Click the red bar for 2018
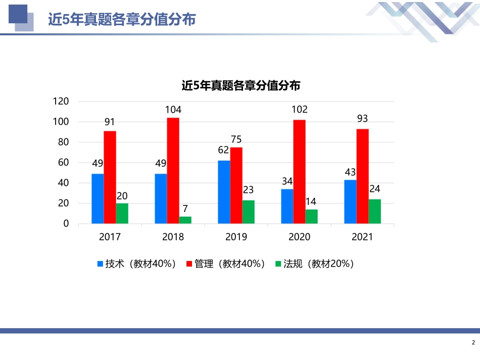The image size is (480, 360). [173, 171]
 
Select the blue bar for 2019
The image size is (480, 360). [224, 192]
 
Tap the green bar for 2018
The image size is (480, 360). [185, 220]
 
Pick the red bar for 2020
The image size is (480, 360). [299, 172]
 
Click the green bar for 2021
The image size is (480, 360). [374, 211]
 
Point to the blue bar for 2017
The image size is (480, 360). [98, 198]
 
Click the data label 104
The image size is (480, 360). [173, 110]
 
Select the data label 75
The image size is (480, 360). [236, 139]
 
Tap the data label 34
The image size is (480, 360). [287, 181]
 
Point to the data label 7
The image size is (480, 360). [185, 209]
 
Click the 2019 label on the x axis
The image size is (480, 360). [236, 237]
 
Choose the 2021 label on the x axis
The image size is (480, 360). [362, 237]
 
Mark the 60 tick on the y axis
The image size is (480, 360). [63, 163]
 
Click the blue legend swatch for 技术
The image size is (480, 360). [100, 264]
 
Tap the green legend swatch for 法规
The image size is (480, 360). [278, 264]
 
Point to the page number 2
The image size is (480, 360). [473, 343]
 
